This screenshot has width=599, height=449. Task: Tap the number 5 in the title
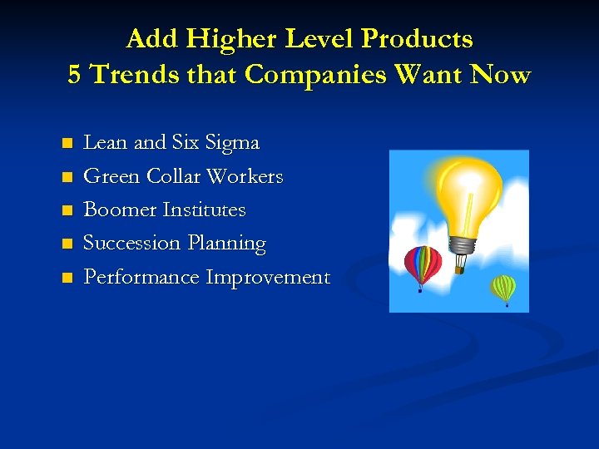coord(75,75)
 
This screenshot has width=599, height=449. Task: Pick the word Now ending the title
coord(499,75)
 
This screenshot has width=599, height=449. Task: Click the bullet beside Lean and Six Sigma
coord(67,143)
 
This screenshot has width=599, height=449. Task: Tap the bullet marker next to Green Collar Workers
coord(67,177)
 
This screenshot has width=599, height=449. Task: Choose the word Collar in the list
coord(174,176)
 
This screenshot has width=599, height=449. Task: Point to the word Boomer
coord(121,210)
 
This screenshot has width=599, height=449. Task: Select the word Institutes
coord(205,210)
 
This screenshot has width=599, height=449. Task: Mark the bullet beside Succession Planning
coord(67,244)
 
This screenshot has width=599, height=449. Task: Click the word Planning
coord(226,244)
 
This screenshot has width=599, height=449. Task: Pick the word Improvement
coord(268,277)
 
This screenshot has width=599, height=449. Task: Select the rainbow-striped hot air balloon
coord(423,264)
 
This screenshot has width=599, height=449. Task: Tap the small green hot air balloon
coord(503,288)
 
